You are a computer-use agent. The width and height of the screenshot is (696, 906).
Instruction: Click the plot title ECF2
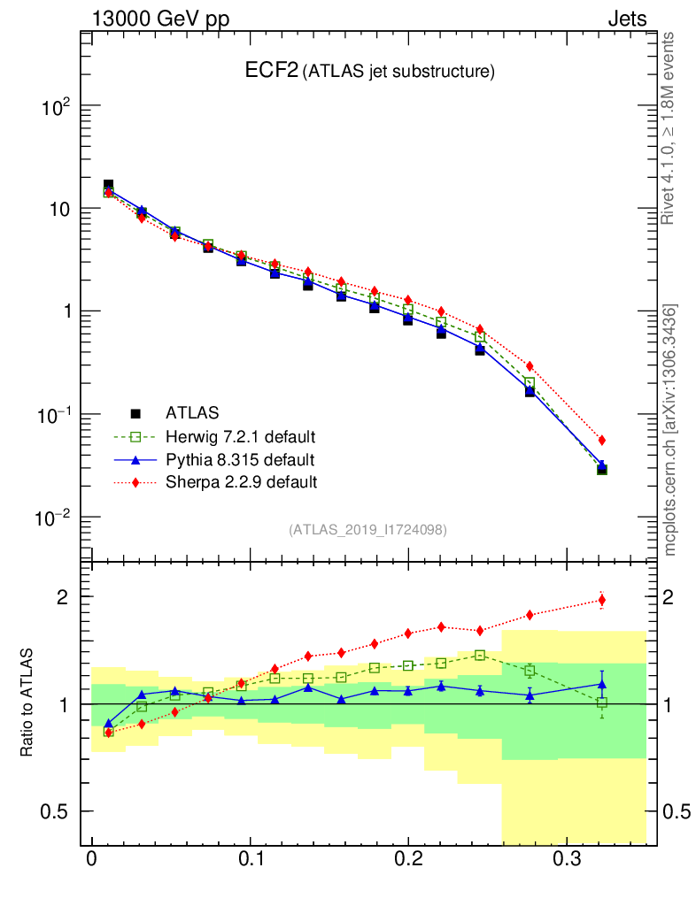271,72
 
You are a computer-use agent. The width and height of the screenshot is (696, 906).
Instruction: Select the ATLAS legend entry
192,412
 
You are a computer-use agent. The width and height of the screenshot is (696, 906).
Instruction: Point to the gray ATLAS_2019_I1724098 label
367,530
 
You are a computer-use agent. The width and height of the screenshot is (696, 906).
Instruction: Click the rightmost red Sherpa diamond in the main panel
602,440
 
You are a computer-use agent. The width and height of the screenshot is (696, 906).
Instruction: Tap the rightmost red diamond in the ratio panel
602,600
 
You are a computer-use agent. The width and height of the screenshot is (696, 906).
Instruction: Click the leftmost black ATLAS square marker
108,185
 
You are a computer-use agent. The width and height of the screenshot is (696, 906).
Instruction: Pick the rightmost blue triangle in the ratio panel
602,684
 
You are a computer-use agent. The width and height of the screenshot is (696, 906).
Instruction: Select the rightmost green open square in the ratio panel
602,703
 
